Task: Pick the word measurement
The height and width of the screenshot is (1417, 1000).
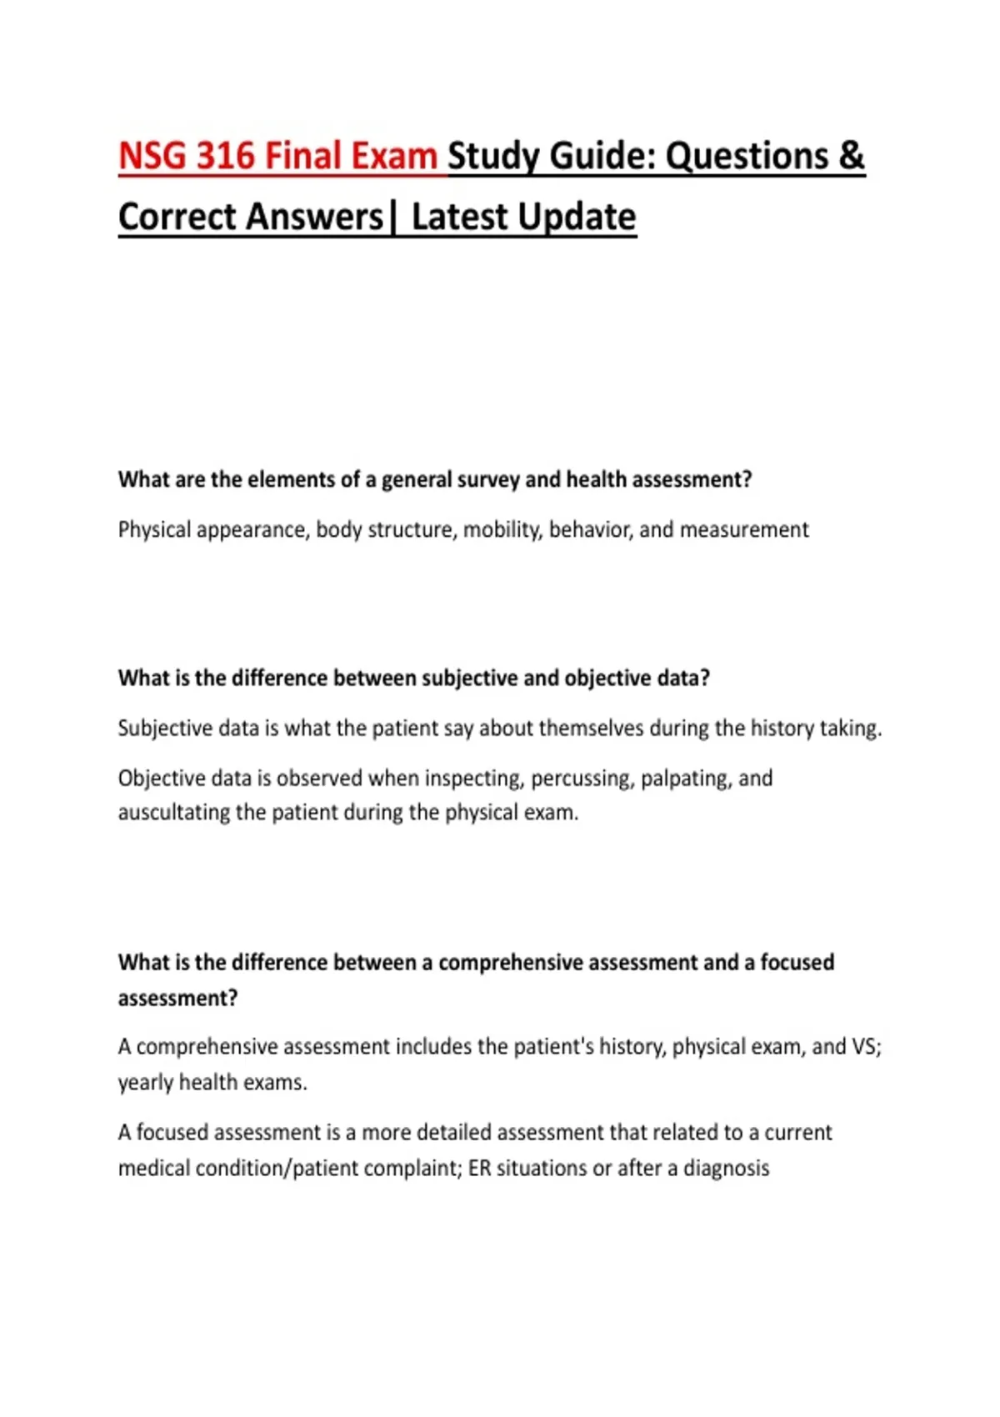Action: tap(744, 530)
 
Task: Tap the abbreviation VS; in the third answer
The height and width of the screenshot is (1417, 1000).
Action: tap(866, 1047)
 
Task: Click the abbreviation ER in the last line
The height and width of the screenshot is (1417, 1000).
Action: tap(479, 1169)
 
